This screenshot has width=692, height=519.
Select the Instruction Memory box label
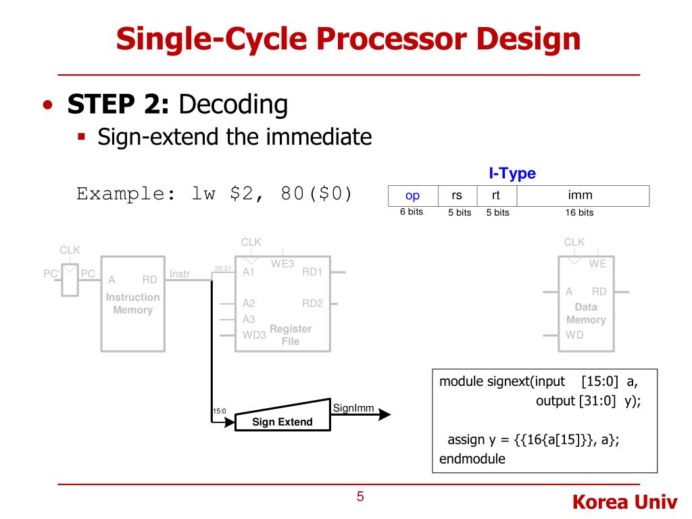click(x=132, y=303)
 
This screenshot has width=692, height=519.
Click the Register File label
click(x=291, y=335)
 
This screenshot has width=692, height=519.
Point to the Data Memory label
click(x=586, y=313)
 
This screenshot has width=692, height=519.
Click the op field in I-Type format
click(x=412, y=196)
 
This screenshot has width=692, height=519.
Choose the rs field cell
click(x=457, y=196)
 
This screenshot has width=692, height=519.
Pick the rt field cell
click(x=496, y=196)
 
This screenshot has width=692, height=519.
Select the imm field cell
click(x=580, y=196)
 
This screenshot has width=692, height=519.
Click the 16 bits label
click(x=579, y=212)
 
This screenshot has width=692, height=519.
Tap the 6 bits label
click(x=411, y=212)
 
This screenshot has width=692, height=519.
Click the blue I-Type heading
click(x=512, y=174)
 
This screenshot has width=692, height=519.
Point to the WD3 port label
click(x=254, y=335)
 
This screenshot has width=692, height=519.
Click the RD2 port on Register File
click(x=312, y=303)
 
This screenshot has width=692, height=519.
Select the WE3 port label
click(x=282, y=264)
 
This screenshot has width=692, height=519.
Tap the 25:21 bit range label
click(x=222, y=269)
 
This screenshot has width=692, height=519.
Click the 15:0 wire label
click(x=219, y=410)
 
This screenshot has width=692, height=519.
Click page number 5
click(x=360, y=497)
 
